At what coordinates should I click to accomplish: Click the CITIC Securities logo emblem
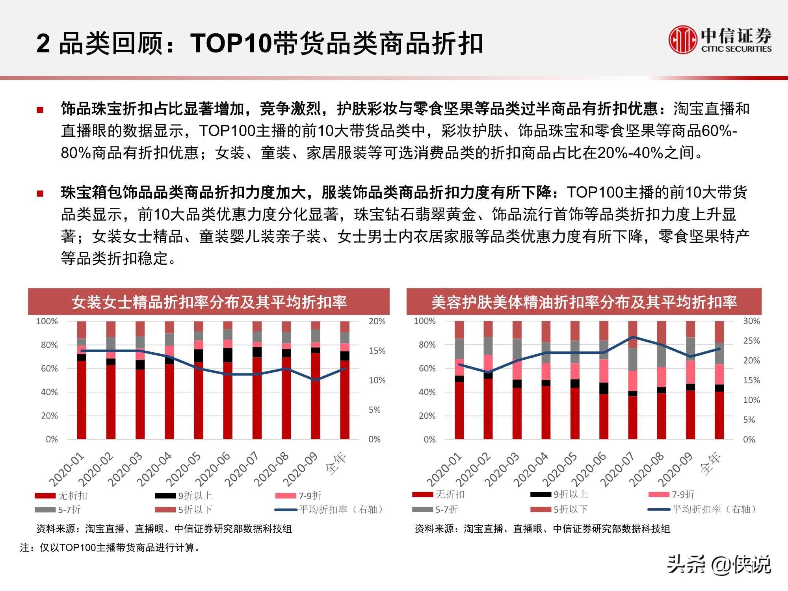click(x=682, y=39)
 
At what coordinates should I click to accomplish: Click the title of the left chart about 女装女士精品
click(x=209, y=302)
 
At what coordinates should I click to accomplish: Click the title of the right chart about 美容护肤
click(x=584, y=302)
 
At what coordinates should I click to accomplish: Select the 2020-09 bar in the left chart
click(x=315, y=394)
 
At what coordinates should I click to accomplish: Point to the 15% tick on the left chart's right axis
click(x=377, y=351)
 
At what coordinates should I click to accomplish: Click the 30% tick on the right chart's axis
click(x=751, y=321)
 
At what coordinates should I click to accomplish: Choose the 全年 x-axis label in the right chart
click(x=711, y=463)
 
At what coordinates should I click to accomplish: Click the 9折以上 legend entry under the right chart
click(x=560, y=494)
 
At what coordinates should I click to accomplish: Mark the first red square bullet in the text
click(x=40, y=110)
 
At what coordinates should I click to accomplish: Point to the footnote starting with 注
click(x=110, y=548)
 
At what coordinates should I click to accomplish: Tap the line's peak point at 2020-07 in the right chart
click(x=633, y=337)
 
